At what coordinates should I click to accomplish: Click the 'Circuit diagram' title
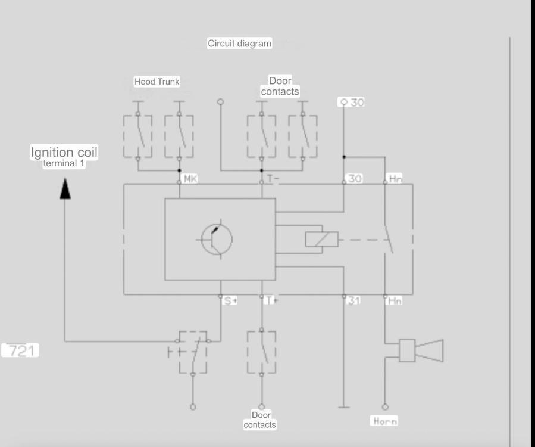pyautogui.click(x=239, y=44)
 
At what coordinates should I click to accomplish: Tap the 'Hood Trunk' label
pyautogui.click(x=157, y=82)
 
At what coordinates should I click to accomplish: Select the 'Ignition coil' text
pyautogui.click(x=64, y=152)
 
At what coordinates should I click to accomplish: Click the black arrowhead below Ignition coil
pyautogui.click(x=65, y=189)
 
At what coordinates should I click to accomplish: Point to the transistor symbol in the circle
pyautogui.click(x=217, y=239)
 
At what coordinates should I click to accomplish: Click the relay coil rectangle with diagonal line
pyautogui.click(x=322, y=239)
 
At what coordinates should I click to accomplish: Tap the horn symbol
pyautogui.click(x=421, y=350)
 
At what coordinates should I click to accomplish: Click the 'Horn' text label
pyautogui.click(x=385, y=421)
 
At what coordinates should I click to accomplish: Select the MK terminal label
pyautogui.click(x=190, y=178)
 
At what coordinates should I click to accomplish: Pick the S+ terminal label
pyautogui.click(x=230, y=301)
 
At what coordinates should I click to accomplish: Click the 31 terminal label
pyautogui.click(x=353, y=300)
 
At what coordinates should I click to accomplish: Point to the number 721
pyautogui.click(x=20, y=350)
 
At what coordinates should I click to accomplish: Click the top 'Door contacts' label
pyautogui.click(x=280, y=86)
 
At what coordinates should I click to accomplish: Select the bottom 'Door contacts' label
pyautogui.click(x=259, y=420)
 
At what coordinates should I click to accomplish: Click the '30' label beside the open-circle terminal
pyautogui.click(x=357, y=102)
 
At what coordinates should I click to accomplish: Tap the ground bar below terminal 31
pyautogui.click(x=343, y=407)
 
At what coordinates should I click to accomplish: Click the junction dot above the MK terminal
pyautogui.click(x=180, y=170)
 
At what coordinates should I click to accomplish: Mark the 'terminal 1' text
pyautogui.click(x=64, y=163)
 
